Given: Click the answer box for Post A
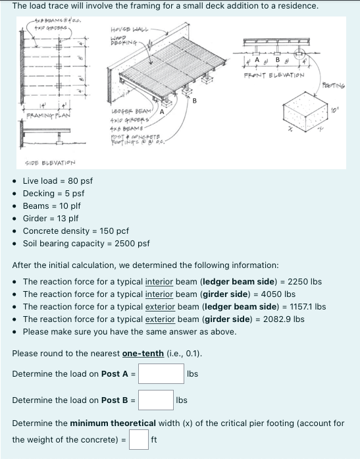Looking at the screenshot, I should coord(161,374).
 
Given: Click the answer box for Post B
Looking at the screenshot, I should coord(155,400).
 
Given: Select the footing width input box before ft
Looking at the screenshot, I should coord(138,439).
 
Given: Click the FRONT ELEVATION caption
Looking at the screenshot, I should coord(273,75).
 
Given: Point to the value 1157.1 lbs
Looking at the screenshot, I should coord(308,306).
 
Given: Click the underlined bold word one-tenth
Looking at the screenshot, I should coord(143,354).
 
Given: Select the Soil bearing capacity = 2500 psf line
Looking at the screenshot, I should coord(86,243).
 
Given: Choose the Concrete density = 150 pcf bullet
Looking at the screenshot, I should coord(75,230).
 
